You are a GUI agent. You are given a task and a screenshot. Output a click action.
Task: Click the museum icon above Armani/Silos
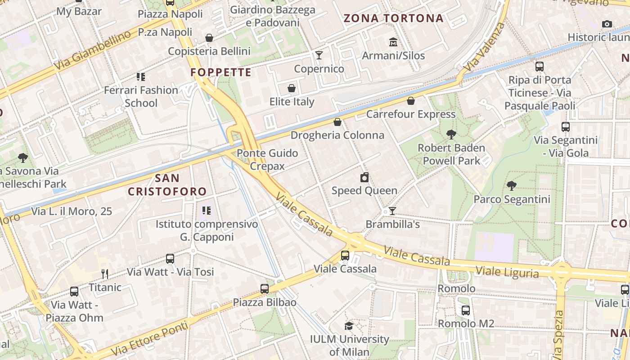coord(393,42)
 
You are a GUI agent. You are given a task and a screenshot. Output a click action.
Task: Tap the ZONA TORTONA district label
coord(394,18)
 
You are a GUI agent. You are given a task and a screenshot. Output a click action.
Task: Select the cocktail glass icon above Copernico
coord(319,55)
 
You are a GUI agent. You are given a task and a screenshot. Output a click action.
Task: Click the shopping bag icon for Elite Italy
coord(292,88)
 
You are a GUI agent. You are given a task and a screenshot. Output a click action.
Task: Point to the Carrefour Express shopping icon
coord(410,101)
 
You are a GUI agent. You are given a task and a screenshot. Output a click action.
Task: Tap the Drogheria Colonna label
coord(337,135)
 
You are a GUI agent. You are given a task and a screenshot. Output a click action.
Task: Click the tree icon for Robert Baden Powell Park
coord(451,134)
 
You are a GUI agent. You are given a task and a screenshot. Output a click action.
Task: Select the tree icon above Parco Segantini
coord(511,185)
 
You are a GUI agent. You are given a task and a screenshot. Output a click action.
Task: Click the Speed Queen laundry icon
coord(364,177)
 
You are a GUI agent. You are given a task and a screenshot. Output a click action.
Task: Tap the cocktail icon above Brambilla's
coord(392,211)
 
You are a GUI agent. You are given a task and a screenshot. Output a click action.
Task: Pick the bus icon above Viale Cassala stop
coord(345,256)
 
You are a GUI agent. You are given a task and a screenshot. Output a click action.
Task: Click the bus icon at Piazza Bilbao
coord(265,289)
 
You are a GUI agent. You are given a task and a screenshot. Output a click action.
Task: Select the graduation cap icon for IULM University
coord(349,326)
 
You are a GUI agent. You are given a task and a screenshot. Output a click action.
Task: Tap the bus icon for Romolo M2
coord(466,310)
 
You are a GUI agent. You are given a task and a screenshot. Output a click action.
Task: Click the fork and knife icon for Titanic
coord(105,274)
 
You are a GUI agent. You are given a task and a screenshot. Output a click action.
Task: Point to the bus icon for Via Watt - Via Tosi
coord(170,259)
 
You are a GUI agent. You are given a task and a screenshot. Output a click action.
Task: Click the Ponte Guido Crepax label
coord(267,159)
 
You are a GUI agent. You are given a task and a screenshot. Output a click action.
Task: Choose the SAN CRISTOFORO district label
coord(167,184)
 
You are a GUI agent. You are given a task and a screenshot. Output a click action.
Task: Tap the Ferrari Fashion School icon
coord(141,77)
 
